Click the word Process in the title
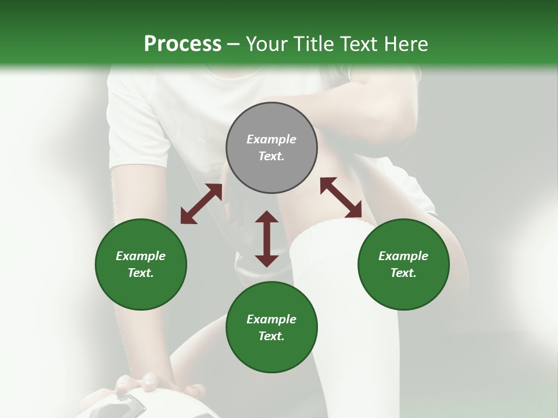[183, 44]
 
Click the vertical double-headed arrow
[267, 239]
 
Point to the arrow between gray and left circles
[201, 204]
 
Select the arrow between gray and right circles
[341, 197]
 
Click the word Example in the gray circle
[271, 139]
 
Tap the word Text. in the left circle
[141, 273]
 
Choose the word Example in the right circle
[403, 256]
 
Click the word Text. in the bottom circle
[271, 336]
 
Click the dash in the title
[234, 44]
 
